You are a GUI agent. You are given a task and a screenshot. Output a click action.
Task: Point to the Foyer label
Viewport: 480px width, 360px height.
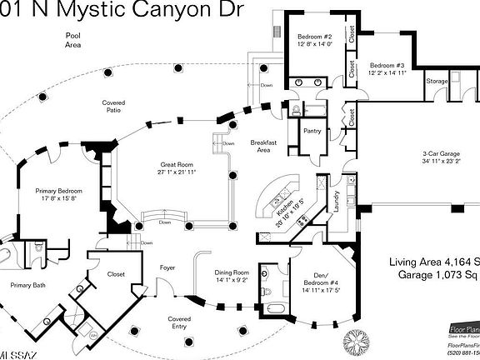[167, 267]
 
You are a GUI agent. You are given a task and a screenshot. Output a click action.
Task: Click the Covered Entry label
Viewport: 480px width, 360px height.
[179, 322]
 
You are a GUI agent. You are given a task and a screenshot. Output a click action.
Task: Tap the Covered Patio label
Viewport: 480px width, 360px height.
[113, 106]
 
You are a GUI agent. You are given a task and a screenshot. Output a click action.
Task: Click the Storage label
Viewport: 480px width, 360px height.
[437, 82]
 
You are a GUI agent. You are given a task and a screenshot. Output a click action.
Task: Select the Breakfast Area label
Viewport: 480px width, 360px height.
[263, 147]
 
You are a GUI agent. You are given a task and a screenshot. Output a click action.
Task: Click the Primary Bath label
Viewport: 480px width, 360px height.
[30, 286]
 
